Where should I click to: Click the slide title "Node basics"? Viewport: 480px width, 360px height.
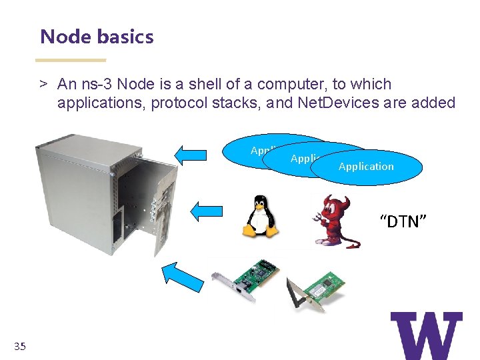97,37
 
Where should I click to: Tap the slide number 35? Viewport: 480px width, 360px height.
19,346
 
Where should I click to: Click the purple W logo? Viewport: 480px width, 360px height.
426,335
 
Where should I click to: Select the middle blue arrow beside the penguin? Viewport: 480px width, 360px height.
206,211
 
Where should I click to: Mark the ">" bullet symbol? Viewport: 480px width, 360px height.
43,85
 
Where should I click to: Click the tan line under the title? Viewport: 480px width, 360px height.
73,60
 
